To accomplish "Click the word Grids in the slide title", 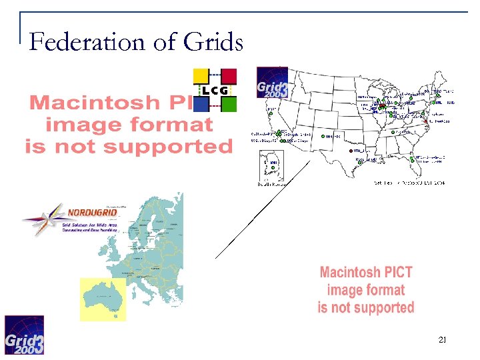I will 212,42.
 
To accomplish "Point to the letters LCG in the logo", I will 215,90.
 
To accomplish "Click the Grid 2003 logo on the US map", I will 272,83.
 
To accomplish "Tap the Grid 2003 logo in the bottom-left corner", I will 25,335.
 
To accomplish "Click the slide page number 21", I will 442,341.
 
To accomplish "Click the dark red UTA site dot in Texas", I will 348,151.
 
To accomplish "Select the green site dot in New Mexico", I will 323,137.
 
